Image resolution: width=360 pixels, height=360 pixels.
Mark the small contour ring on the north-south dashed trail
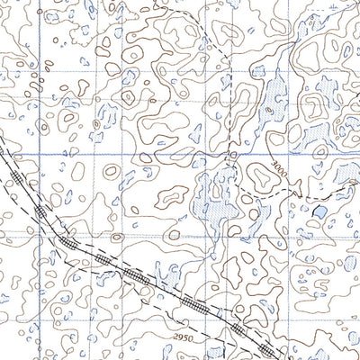pos(231,155)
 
